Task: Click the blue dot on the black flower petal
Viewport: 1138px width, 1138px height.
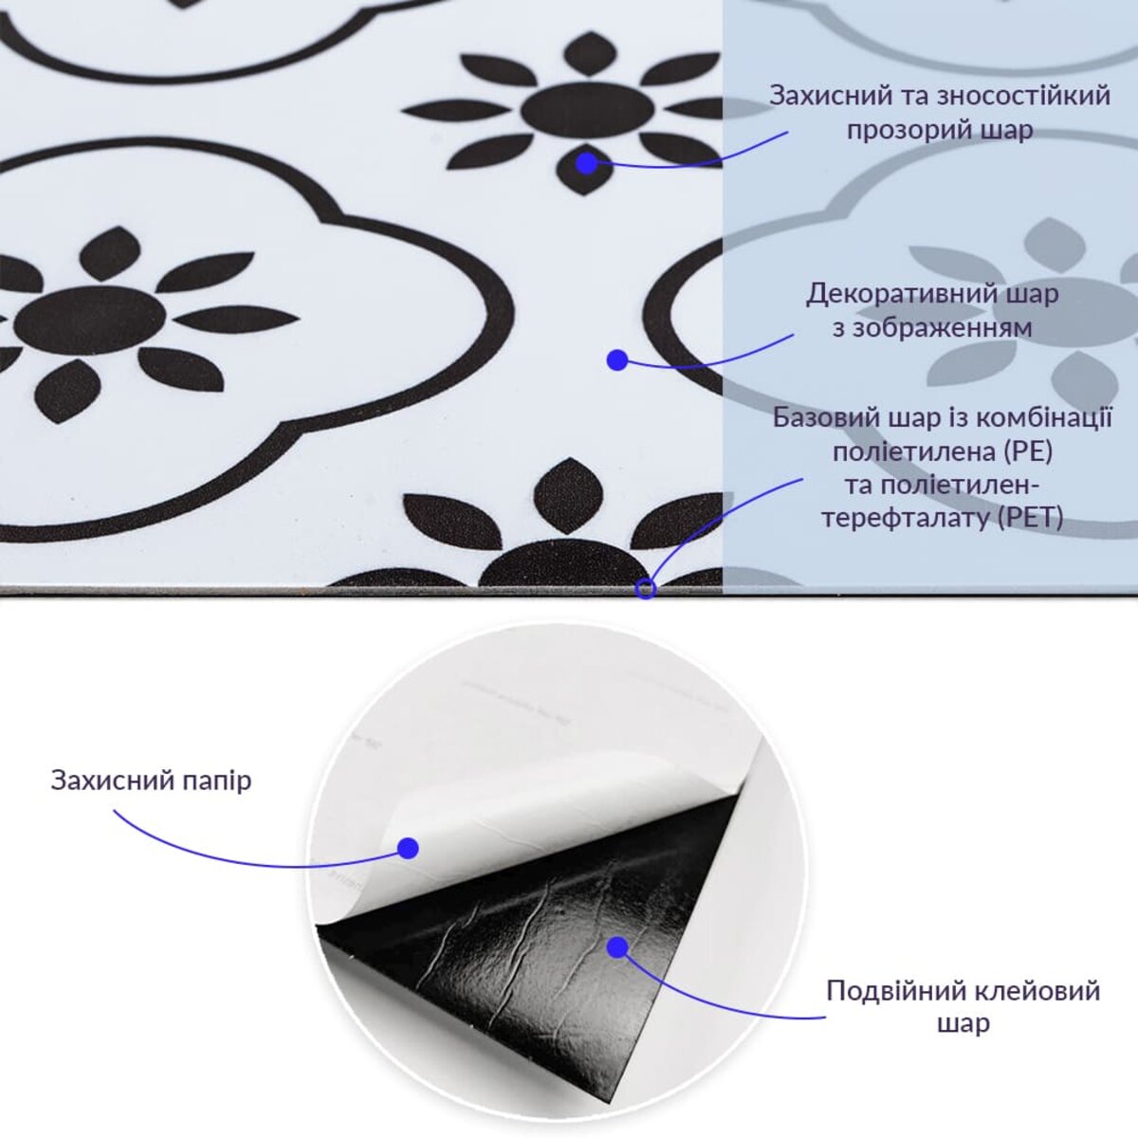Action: [x=587, y=163]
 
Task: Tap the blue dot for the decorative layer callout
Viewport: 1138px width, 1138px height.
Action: [x=617, y=360]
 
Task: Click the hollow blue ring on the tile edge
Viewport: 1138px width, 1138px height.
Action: [x=646, y=589]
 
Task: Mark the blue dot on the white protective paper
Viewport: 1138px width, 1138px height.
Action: [x=408, y=848]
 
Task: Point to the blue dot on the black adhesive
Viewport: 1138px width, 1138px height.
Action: [x=617, y=946]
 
